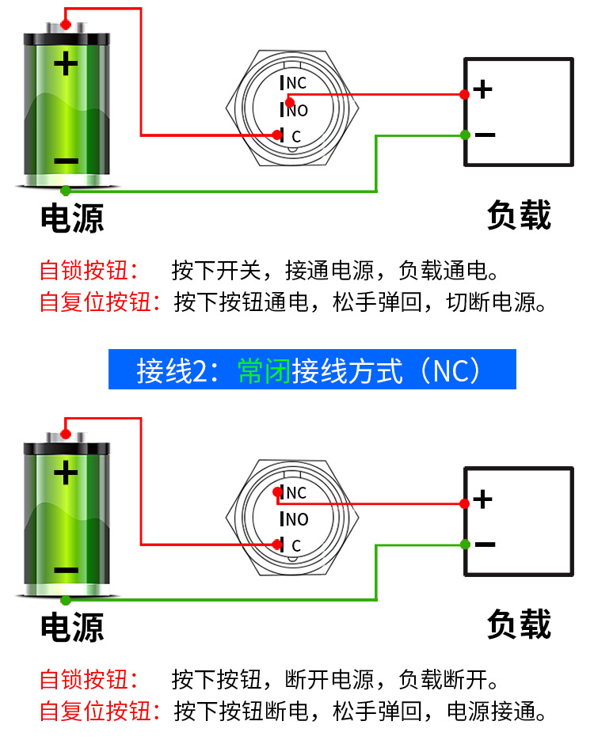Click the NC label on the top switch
click(x=296, y=83)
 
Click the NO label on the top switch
click(x=297, y=110)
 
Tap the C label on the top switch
click(x=296, y=136)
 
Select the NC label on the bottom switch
click(x=296, y=493)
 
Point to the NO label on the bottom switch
click(x=297, y=519)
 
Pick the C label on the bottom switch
click(x=296, y=545)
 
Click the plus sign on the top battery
click(x=66, y=63)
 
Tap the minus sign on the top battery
click(x=66, y=161)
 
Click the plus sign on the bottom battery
click(x=66, y=473)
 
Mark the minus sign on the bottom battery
click(x=66, y=571)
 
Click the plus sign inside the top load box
click(x=482, y=89)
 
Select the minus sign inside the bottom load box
click(x=484, y=545)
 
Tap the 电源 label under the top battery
click(x=72, y=218)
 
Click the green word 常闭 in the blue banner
click(x=264, y=370)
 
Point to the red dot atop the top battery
click(x=66, y=24)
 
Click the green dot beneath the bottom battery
click(x=66, y=600)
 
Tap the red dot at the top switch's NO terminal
click(x=290, y=101)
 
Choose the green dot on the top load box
click(x=465, y=135)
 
